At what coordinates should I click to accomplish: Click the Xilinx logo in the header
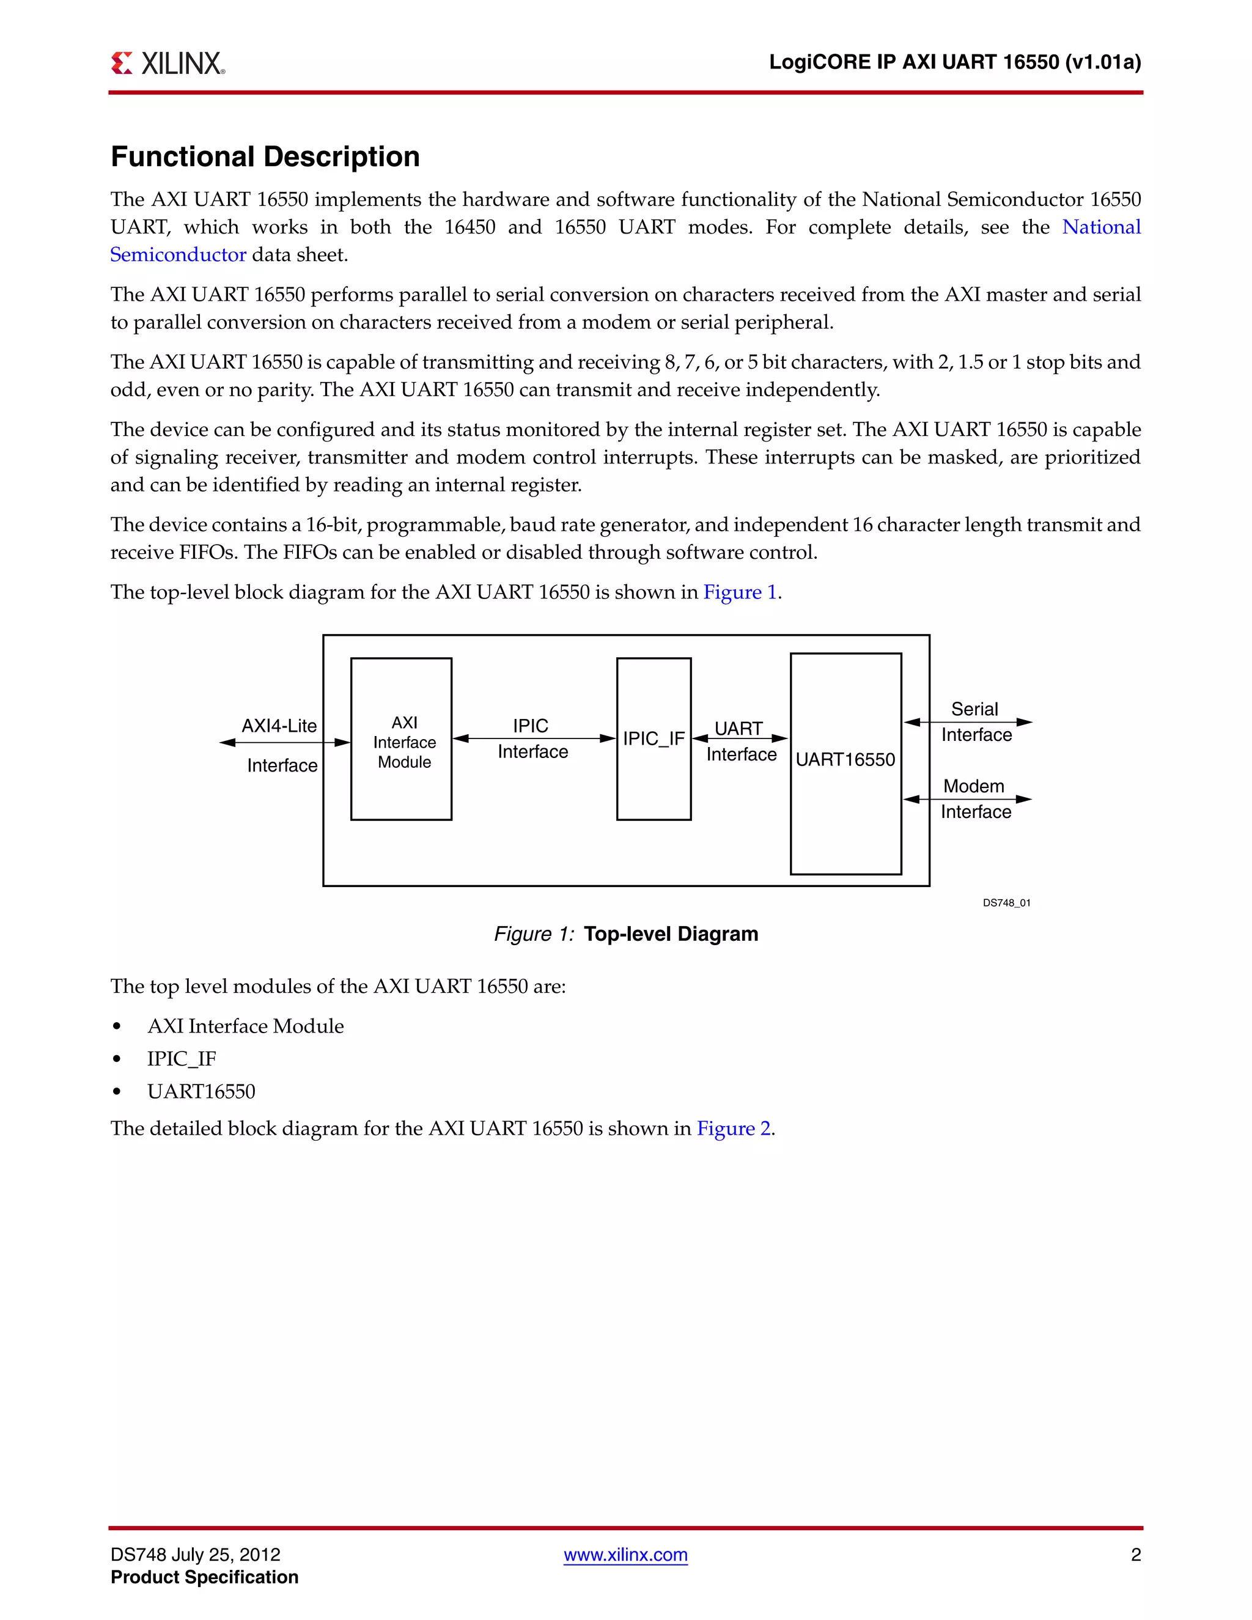coord(168,63)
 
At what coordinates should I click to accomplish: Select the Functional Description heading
coord(265,156)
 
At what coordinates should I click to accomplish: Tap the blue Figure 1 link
coord(740,592)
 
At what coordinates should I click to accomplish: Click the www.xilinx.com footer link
coord(625,1554)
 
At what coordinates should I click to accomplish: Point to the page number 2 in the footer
coord(1135,1554)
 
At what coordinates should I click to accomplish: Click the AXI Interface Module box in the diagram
coord(401,740)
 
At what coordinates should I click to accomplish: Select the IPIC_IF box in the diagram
coord(654,739)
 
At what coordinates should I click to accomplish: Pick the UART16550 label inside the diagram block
coord(845,759)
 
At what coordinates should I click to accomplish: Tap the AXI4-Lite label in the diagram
coord(279,726)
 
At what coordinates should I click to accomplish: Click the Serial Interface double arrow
coord(968,722)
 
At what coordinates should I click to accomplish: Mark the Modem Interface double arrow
coord(967,799)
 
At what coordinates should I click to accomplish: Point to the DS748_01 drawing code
coord(1006,903)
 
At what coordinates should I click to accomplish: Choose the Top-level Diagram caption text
coord(671,934)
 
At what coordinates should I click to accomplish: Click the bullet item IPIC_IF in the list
coord(182,1058)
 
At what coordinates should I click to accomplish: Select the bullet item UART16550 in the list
coord(201,1091)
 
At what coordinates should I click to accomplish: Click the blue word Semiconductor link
coord(178,254)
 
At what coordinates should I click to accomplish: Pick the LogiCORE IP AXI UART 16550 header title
coord(954,62)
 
